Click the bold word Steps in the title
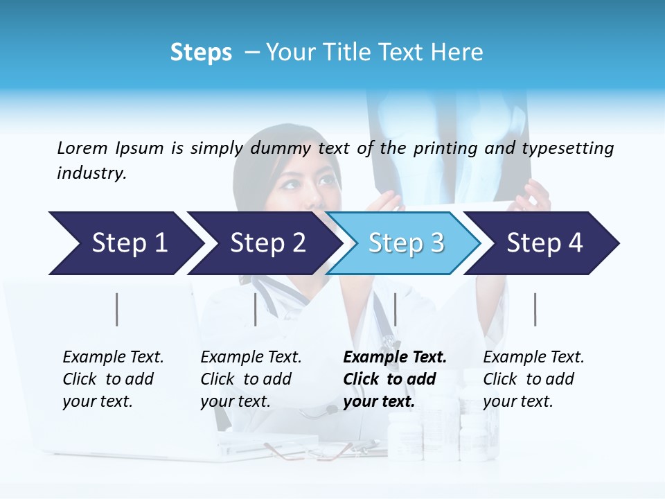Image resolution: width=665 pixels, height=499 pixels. pos(201,53)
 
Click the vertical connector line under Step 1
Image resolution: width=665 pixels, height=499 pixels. pos(117,309)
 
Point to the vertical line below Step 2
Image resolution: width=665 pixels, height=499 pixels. pos(256,309)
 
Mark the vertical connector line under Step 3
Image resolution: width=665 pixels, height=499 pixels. pos(395,309)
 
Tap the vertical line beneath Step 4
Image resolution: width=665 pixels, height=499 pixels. pos(535,309)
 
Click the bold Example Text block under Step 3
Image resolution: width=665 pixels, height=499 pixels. pos(395,379)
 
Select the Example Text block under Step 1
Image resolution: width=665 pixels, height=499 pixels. pos(113,379)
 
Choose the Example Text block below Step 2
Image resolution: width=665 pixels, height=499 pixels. pos(251,379)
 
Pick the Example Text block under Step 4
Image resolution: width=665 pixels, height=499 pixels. pos(533,379)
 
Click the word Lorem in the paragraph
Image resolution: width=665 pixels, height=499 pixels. pos(82,148)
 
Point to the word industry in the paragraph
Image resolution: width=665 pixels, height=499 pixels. pos(91,173)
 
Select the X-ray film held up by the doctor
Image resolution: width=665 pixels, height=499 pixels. pos(450,146)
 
